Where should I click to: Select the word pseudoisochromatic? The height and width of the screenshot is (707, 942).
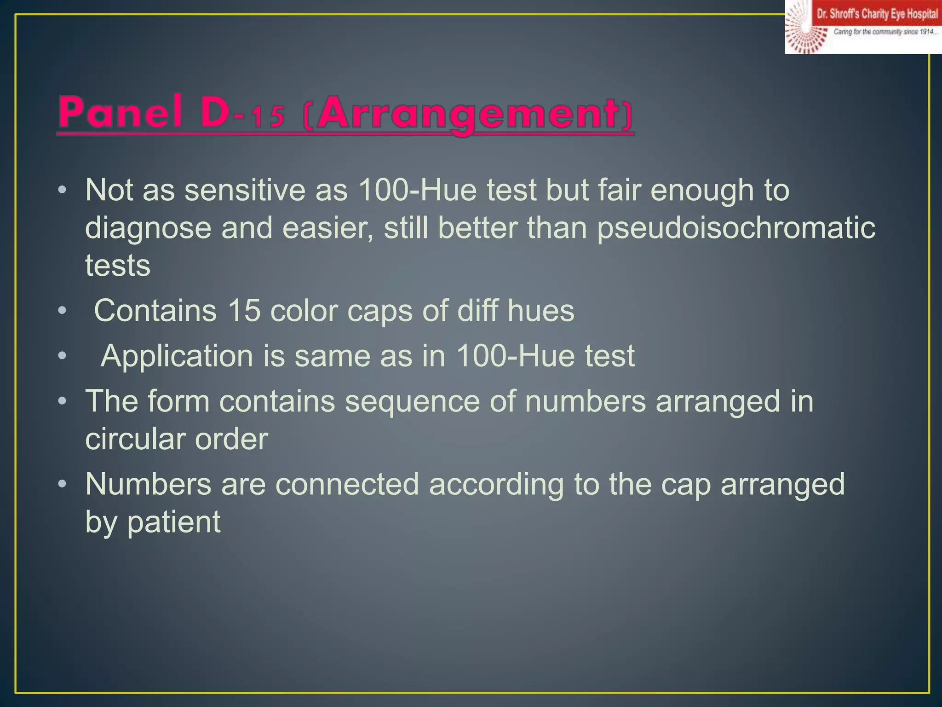point(736,228)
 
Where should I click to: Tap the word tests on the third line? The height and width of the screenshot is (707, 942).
point(118,266)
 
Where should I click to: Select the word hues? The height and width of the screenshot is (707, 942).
point(540,311)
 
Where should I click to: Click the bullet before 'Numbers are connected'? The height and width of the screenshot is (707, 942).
point(63,484)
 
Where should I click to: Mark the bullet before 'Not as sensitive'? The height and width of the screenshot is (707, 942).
point(63,190)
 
